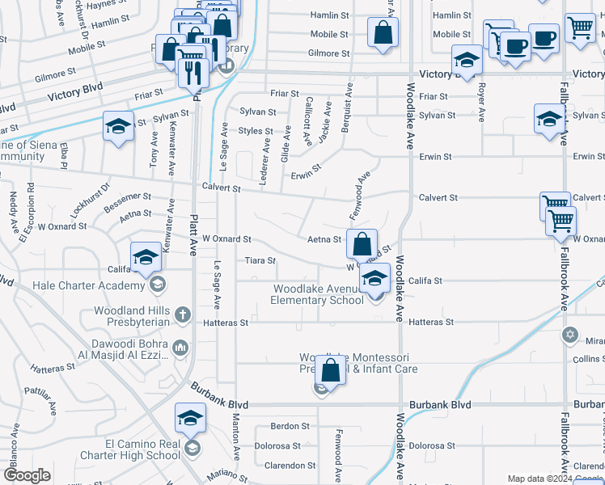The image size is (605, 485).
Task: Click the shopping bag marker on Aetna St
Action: click(x=362, y=242)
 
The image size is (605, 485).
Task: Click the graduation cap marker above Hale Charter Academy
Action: click(x=145, y=258)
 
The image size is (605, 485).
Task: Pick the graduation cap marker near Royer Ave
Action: click(x=467, y=61)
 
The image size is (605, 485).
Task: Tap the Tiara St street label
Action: click(x=260, y=261)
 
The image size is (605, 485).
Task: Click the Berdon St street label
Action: click(x=290, y=426)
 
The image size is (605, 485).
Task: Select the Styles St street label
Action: click(x=256, y=130)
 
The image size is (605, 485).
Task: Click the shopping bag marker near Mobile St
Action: click(x=383, y=33)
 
